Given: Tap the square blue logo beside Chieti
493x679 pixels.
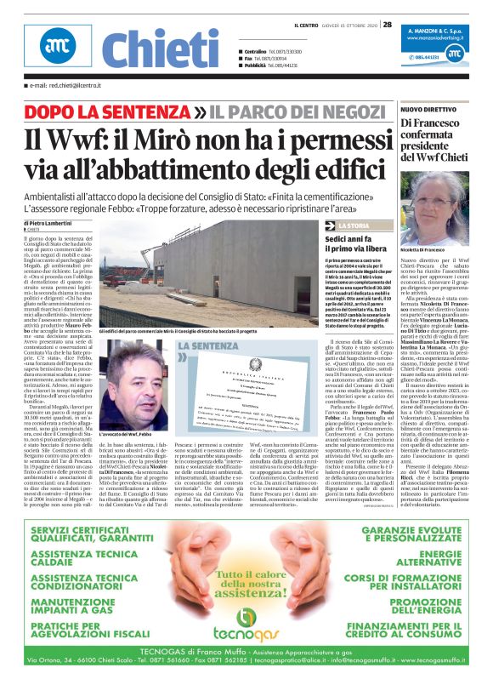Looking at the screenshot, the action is click(59, 48).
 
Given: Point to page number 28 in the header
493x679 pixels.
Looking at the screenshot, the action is click(387, 25).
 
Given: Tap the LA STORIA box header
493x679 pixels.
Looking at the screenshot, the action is click(354, 225).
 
